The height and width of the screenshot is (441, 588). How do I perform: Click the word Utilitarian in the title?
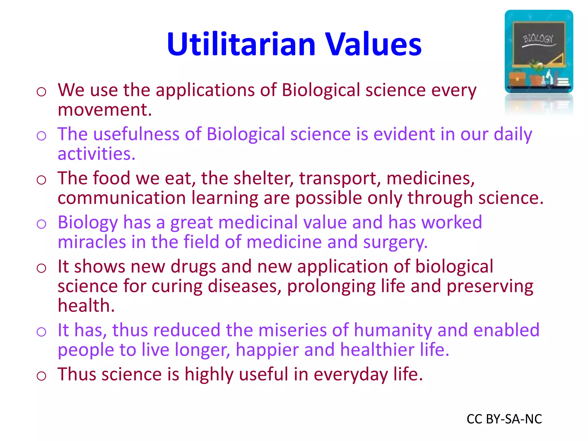click(241, 45)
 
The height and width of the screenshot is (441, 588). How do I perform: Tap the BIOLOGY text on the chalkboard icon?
click(538, 39)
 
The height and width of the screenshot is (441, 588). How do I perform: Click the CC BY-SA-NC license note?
click(504, 419)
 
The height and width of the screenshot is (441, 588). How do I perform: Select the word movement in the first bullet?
click(105, 110)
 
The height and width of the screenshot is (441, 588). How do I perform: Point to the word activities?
click(96, 154)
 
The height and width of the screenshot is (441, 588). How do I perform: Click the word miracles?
click(92, 242)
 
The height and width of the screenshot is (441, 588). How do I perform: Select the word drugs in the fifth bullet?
click(193, 267)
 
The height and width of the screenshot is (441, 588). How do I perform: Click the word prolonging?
click(331, 287)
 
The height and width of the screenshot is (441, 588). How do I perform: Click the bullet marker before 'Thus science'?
click(41, 376)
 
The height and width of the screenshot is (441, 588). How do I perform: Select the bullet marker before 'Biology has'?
click(41, 224)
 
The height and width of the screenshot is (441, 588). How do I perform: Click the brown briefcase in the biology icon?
click(518, 78)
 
